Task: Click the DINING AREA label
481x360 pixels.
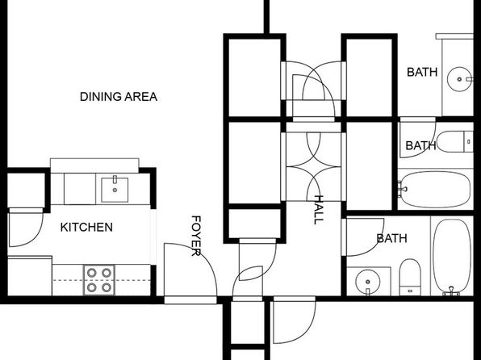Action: [x=119, y=97]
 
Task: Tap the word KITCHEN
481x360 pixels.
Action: [x=86, y=228]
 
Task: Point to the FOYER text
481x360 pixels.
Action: [x=196, y=236]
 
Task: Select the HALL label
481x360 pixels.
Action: [x=319, y=210]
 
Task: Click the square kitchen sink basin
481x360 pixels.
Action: [x=115, y=190]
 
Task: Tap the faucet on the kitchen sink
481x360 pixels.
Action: [x=115, y=179]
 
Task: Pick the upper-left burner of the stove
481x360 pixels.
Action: [x=92, y=273]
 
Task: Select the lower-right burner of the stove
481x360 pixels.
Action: [x=107, y=287]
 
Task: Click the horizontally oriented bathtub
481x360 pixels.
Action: [x=435, y=189]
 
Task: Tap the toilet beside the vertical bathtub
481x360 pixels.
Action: [x=410, y=277]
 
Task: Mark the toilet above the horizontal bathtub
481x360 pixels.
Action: [x=455, y=141]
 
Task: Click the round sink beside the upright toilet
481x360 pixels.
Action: [x=368, y=282]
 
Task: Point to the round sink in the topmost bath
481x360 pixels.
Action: [x=459, y=79]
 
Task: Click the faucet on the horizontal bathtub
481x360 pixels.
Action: [x=402, y=187]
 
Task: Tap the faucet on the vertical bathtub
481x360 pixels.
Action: [x=451, y=291]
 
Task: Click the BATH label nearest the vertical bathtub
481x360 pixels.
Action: [x=391, y=238]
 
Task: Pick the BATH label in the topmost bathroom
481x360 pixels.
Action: [x=422, y=73]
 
